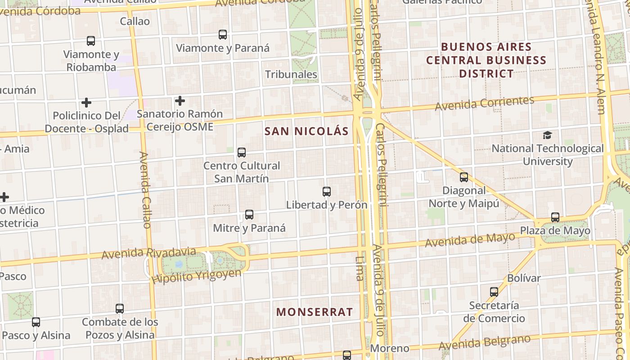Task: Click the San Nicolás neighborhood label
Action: click(x=306, y=131)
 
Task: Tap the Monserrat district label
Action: click(x=315, y=312)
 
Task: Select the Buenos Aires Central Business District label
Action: click(x=486, y=60)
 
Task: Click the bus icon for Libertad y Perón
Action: click(x=327, y=192)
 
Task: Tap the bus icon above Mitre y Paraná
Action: click(x=249, y=215)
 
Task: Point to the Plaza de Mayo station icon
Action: click(x=555, y=217)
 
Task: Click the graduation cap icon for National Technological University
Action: click(x=547, y=135)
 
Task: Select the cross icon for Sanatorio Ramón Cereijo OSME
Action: click(x=180, y=101)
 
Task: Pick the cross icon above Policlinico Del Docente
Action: click(x=86, y=103)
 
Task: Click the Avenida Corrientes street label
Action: click(x=484, y=103)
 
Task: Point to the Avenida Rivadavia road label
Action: click(x=148, y=253)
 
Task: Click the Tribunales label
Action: click(x=291, y=74)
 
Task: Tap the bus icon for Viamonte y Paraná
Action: click(x=223, y=35)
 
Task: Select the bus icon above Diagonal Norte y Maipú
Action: click(x=464, y=177)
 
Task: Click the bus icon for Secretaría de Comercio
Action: click(x=494, y=292)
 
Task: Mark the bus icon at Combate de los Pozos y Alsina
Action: click(x=120, y=309)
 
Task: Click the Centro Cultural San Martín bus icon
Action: click(x=242, y=153)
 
